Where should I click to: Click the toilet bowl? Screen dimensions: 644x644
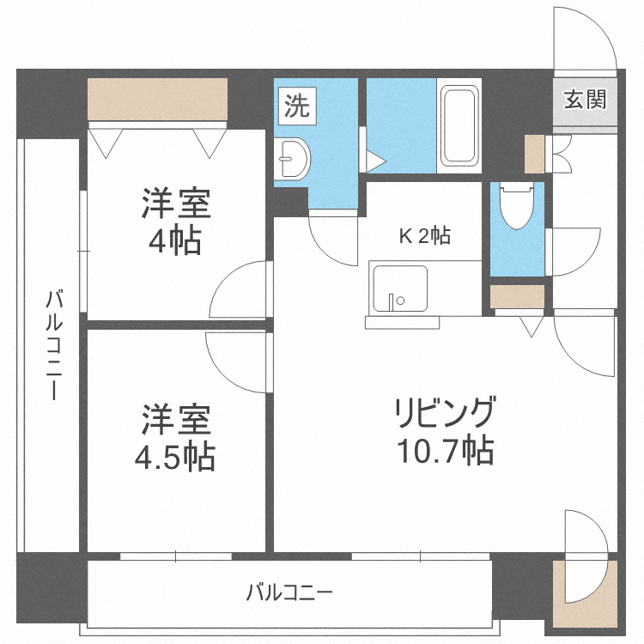click(517, 207)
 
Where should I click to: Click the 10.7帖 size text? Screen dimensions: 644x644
click(444, 450)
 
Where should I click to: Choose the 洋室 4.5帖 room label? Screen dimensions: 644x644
click(175, 438)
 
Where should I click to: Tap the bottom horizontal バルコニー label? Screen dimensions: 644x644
click(289, 592)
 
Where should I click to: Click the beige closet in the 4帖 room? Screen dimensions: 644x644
click(157, 99)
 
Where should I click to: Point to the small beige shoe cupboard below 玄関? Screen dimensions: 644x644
click(534, 153)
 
